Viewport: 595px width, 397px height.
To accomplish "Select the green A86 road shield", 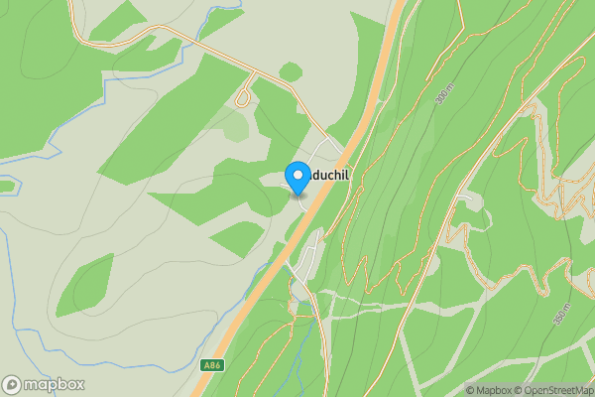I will pyautogui.click(x=210, y=365).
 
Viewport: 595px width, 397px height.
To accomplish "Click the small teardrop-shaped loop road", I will pyautogui.click(x=242, y=96).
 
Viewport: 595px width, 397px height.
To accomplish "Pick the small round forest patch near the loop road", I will pyautogui.click(x=291, y=71).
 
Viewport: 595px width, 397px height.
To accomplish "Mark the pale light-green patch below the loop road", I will pyautogui.click(x=236, y=126).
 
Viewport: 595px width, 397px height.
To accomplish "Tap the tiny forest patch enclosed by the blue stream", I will pyautogui.click(x=6, y=186).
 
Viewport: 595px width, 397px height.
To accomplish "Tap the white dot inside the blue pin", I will pyautogui.click(x=297, y=176).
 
